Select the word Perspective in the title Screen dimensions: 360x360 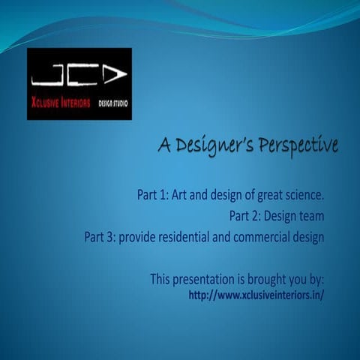[294, 143]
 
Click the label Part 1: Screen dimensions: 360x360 [152, 195]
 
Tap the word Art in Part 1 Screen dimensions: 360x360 [179, 195]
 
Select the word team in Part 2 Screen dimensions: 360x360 [311, 217]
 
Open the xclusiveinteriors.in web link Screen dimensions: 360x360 [256, 295]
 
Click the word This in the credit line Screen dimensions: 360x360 [162, 279]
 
